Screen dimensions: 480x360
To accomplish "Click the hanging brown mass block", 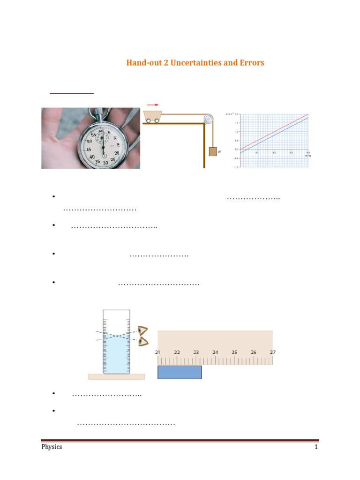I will coord(213,151).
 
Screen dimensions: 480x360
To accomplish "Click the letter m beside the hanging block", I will coord(219,152).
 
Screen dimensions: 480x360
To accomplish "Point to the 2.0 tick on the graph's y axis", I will coord(237,114).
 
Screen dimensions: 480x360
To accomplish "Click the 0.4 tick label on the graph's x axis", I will coord(307,153).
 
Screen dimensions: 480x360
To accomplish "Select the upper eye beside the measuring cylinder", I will coord(142,331).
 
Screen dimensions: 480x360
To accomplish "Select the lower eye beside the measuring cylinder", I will coord(142,342).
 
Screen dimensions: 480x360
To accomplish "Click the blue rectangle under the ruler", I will coord(180,372).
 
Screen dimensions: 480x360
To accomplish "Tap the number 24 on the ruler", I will coord(215,352).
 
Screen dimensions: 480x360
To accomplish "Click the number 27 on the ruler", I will coord(272,352).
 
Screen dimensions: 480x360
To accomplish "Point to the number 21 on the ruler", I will coord(158,352).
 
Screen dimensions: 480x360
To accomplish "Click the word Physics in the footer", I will coord(52,447).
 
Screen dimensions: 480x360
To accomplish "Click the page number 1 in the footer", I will coord(316,447).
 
